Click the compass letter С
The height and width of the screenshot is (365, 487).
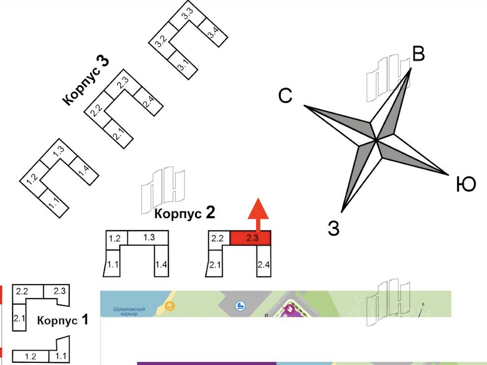click(285, 96)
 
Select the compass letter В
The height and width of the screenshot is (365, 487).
click(418, 55)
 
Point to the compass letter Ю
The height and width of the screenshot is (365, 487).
click(466, 185)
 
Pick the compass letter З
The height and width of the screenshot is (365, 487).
click(333, 228)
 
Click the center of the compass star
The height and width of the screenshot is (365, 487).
click(377, 140)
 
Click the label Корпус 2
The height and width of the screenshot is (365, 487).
click(185, 213)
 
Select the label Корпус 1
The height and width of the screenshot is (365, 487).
click(63, 320)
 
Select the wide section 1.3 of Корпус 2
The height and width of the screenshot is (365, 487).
click(149, 237)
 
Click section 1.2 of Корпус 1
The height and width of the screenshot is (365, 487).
click(30, 357)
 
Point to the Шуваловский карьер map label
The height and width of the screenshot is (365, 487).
click(128, 311)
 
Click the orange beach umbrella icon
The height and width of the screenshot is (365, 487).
click(170, 307)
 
